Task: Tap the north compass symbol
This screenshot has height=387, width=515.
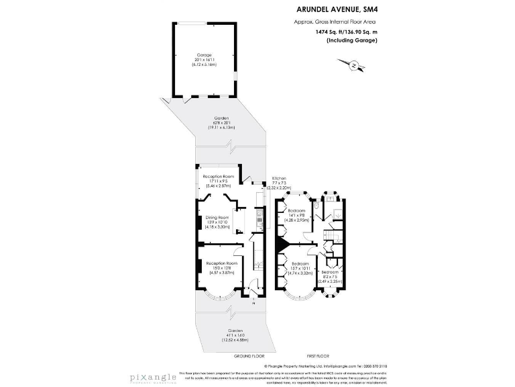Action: pyautogui.click(x=353, y=65)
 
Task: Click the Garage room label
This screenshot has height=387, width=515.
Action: pyautogui.click(x=204, y=59)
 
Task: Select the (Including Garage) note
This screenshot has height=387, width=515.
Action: pyautogui.click(x=351, y=40)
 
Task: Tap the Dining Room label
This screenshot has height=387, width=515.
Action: pyautogui.click(x=217, y=222)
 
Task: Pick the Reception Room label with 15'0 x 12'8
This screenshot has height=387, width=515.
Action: pyautogui.click(x=221, y=267)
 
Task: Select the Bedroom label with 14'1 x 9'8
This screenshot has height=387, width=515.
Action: pyautogui.click(x=297, y=215)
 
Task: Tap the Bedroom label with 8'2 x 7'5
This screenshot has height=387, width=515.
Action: pyautogui.click(x=329, y=276)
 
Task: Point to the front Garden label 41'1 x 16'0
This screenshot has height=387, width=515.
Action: pyautogui.click(x=235, y=335)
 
